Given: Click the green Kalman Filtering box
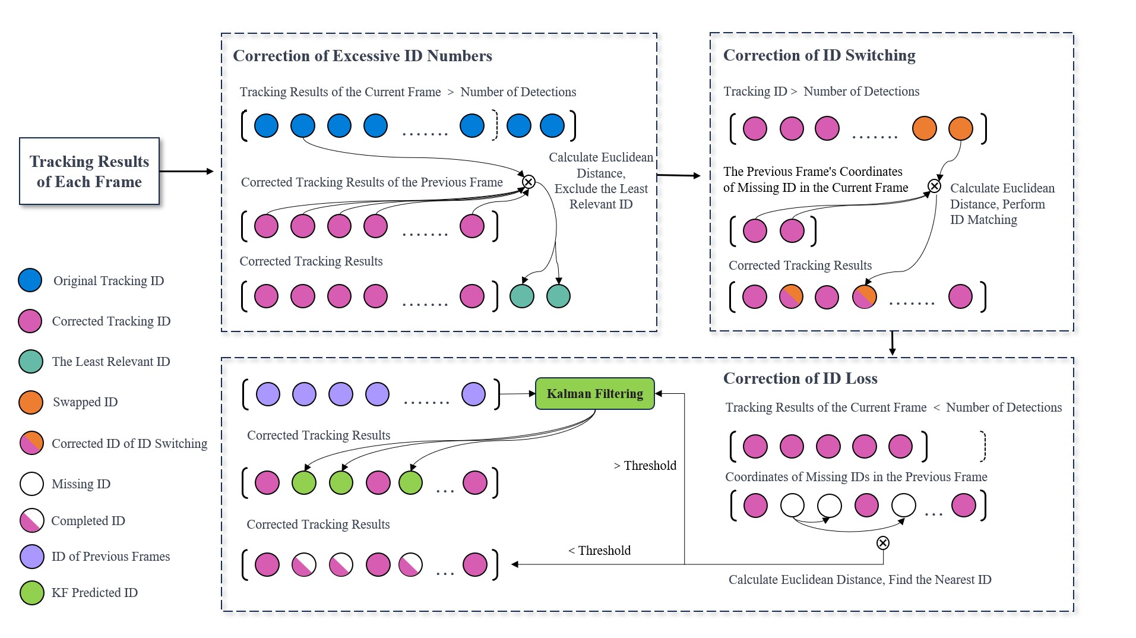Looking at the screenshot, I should coord(594,394).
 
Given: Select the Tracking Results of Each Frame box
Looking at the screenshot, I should coord(89,171).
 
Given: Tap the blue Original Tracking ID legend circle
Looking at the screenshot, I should coord(30,280).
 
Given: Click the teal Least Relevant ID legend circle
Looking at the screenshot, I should coord(30,361).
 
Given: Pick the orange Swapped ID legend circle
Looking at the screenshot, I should coord(30,402).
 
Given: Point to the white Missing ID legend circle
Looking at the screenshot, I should coord(31,484).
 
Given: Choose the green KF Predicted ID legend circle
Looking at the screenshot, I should coord(31,592).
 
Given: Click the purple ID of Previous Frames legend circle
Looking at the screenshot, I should coord(31,557).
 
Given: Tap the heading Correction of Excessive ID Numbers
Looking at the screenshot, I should coord(362,56).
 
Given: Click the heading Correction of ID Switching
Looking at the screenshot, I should coord(819,55).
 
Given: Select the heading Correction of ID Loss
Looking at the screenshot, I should coord(800,378).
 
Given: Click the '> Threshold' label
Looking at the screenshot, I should coord(645,466).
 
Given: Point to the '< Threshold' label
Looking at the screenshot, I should coord(599,551).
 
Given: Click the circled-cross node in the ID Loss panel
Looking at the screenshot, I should coord(883,543).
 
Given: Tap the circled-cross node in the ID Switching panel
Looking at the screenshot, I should coord(934,187).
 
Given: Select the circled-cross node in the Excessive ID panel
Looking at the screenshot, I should coord(529,182).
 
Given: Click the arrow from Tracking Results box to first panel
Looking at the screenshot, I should coord(186,172).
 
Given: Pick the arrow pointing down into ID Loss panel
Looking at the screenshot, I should coord(892,344).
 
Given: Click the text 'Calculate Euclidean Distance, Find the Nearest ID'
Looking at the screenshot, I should coord(859,580).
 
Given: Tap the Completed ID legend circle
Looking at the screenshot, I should coord(31,520).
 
